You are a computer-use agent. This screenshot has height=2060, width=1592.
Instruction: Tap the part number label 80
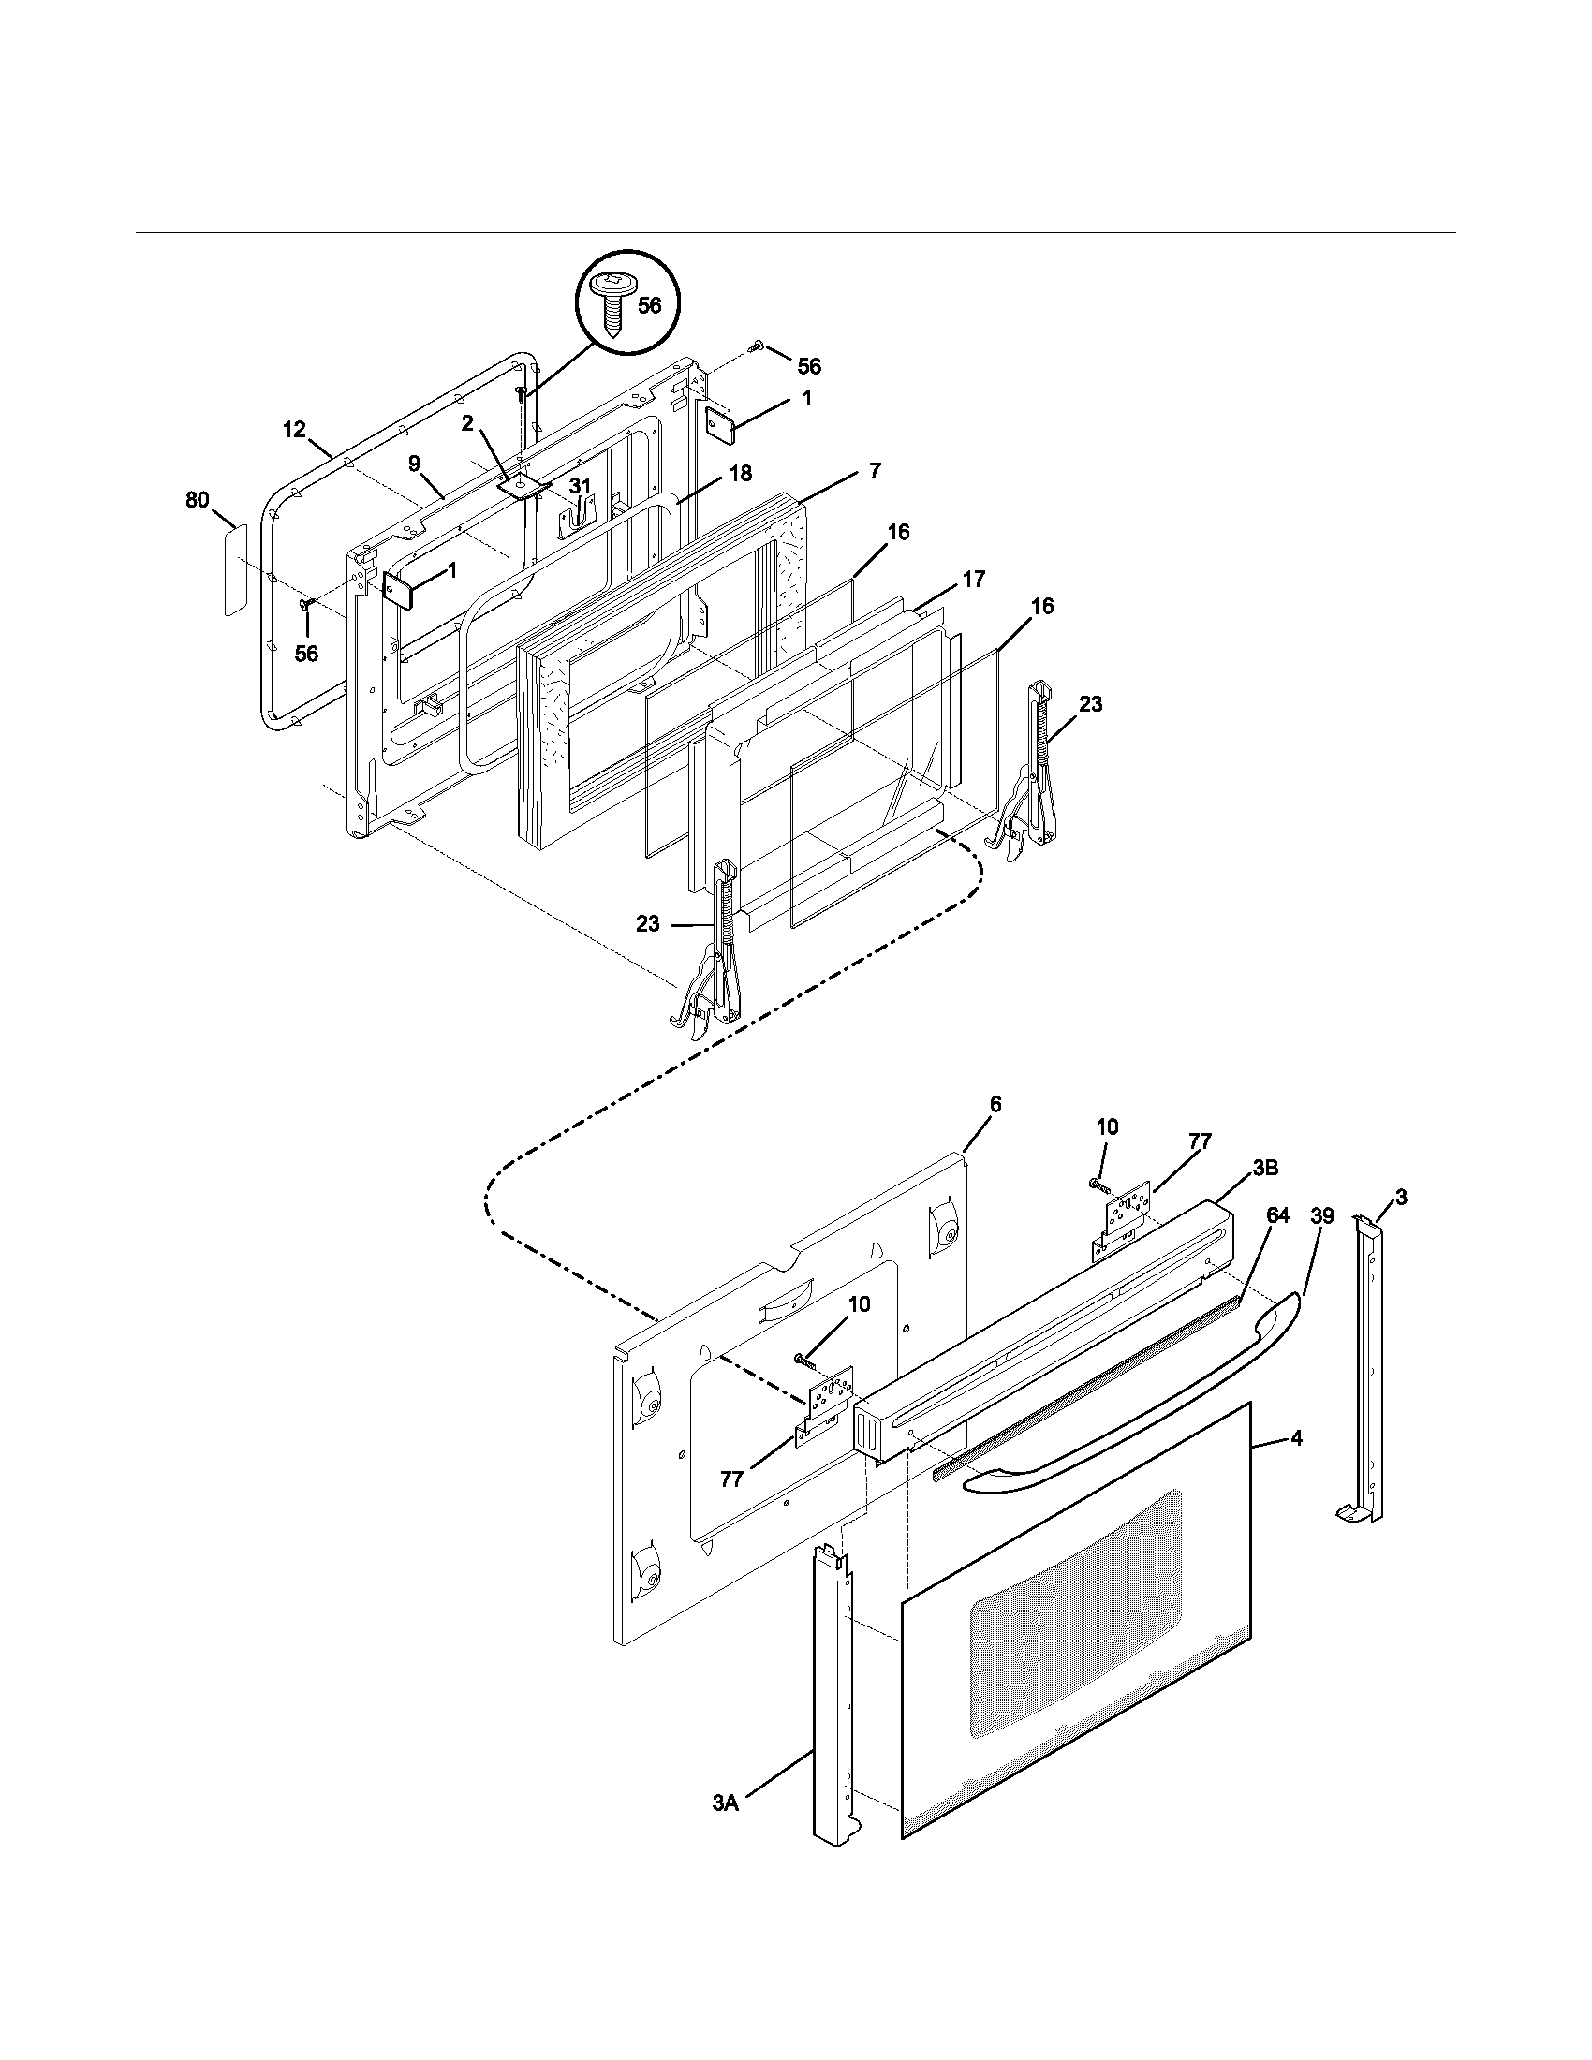[x=197, y=501]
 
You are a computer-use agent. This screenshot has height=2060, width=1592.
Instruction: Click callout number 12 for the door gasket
[x=294, y=430]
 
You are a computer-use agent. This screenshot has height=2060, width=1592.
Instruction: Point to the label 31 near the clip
[x=582, y=486]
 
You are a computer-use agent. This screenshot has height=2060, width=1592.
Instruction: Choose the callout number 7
[x=875, y=471]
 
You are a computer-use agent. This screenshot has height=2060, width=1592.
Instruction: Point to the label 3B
[x=1266, y=1168]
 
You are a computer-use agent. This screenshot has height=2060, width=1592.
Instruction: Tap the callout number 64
[x=1278, y=1215]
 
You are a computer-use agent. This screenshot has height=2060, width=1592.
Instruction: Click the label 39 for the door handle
[x=1322, y=1216]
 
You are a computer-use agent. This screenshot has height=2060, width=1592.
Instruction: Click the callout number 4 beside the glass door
[x=1297, y=1439]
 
